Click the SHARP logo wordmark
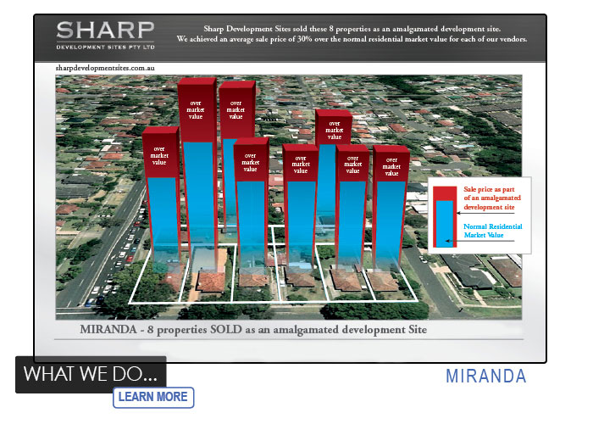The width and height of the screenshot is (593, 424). pos(105,31)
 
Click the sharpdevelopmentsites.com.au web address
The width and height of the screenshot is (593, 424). pos(105,68)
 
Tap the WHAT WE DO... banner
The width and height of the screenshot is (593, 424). pos(91,374)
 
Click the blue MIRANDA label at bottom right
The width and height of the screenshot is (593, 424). pos(486,377)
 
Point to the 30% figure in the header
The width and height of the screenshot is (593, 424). pos(304,39)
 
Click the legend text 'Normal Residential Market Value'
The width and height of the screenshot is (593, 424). pos(492,231)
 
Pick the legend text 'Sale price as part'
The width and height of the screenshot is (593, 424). pos(489,189)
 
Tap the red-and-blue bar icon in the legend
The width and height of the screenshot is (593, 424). pos(445,217)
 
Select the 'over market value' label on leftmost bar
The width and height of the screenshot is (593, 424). pos(159,155)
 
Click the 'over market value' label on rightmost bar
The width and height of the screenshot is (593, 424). pos(391,166)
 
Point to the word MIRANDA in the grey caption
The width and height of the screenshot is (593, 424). pos(108,329)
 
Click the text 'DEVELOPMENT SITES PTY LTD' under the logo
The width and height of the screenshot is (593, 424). pos(106,47)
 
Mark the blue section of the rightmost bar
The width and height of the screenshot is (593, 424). pos(391,226)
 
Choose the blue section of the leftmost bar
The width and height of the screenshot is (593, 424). pos(163,220)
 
